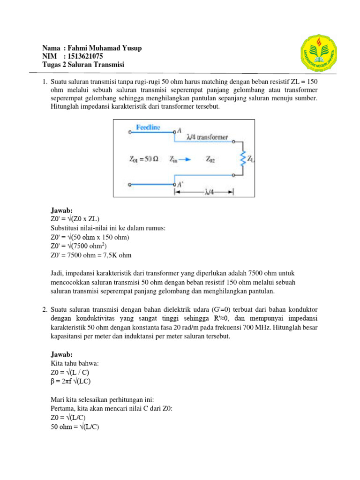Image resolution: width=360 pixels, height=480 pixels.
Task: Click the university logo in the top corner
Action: (x=318, y=54)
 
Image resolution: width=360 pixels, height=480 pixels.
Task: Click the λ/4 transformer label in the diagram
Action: (x=207, y=137)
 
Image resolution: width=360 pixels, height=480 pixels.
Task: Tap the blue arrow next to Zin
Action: (x=185, y=159)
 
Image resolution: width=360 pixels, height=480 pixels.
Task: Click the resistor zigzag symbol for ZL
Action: (x=243, y=158)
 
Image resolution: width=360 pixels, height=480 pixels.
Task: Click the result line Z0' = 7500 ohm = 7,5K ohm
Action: (x=91, y=255)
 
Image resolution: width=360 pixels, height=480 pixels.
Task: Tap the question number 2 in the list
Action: (x=44, y=309)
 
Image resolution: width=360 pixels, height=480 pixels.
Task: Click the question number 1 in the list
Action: (x=44, y=82)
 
